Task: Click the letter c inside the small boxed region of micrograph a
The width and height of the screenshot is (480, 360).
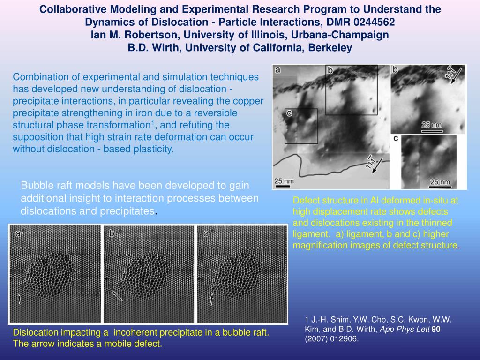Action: click(x=289, y=113)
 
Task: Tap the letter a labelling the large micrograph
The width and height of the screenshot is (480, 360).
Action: click(x=277, y=70)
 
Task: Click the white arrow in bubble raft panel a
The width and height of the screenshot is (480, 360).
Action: click(x=19, y=298)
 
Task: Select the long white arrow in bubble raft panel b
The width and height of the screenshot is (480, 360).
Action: click(x=117, y=295)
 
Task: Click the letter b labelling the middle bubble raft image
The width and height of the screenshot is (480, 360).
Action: click(x=112, y=233)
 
